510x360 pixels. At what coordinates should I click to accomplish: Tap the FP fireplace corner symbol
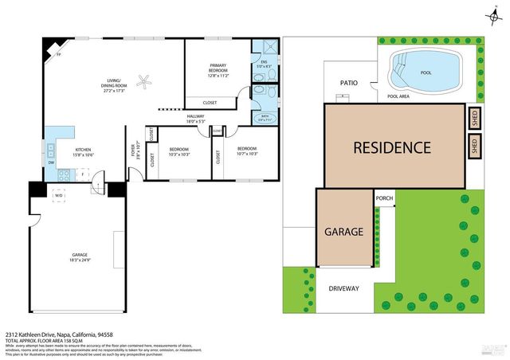[x=58, y=54]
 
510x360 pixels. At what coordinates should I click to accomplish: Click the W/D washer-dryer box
[x=58, y=195]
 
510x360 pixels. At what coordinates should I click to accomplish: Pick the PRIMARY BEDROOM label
[x=218, y=67]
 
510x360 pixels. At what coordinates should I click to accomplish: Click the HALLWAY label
[x=195, y=116]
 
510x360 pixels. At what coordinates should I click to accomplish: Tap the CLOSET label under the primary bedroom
[x=210, y=103]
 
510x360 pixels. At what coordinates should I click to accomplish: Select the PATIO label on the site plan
[x=348, y=82]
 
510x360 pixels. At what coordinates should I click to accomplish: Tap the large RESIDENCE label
[x=392, y=147]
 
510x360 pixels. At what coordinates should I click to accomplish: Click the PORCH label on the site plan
[x=385, y=198]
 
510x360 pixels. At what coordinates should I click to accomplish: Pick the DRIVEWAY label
[x=344, y=288]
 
